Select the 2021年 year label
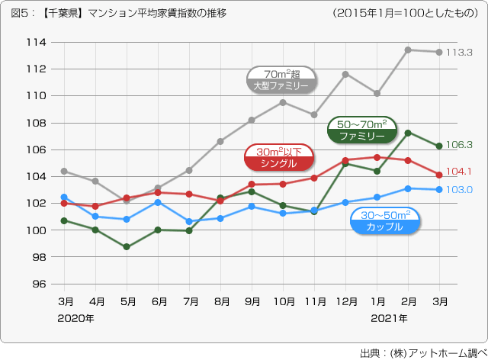pos(389,317)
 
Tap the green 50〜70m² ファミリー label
pos(361,130)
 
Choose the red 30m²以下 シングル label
pos(278,158)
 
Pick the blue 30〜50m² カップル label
pos(384,220)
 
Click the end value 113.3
pos(460,53)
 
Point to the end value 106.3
pos(460,144)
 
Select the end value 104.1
pos(460,172)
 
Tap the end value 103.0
pos(460,190)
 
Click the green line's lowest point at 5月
pos(127,247)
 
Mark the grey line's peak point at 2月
pos(408,50)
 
